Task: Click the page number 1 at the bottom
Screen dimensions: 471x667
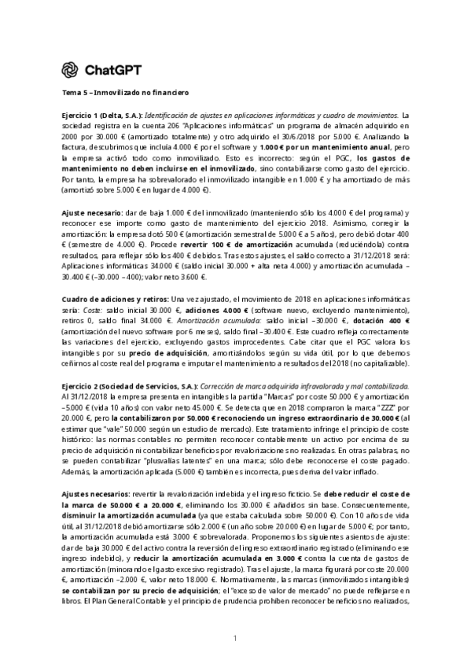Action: (235, 637)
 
